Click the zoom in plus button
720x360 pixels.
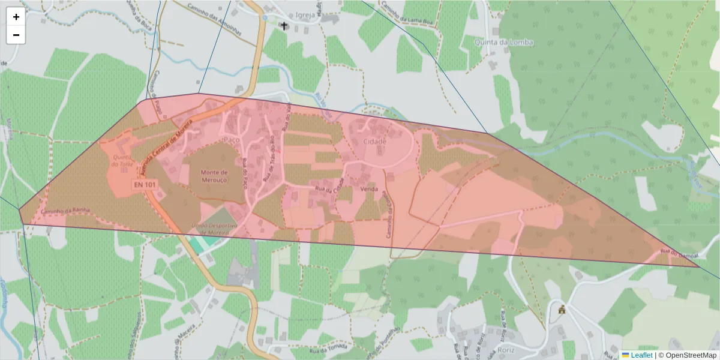tap(16, 17)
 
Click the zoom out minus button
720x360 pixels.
tap(16, 35)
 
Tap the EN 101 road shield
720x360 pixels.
tap(145, 185)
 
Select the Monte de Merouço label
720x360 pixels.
tap(209, 176)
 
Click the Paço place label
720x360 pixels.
tap(231, 139)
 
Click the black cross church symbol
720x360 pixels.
tap(284, 26)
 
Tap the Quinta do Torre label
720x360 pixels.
tap(122, 161)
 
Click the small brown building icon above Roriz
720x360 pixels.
tap(562, 310)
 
